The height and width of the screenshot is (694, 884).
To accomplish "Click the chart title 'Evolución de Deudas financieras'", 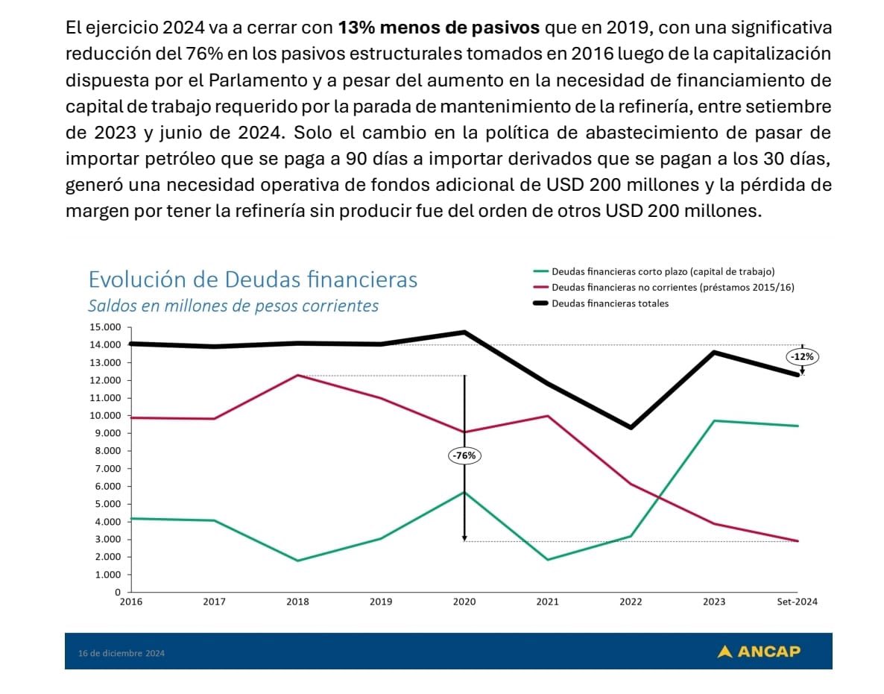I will coord(253,280).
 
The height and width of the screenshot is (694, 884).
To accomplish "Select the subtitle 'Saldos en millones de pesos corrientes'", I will coord(233,306).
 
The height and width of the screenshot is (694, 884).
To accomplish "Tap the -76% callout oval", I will coord(464,455).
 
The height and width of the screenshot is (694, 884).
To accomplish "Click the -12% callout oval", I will coord(802,357).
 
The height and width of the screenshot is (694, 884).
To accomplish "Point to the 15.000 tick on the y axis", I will coord(104,327).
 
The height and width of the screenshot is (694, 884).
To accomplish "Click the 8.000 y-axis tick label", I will coord(107,451).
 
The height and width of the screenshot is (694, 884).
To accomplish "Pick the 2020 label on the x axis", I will coord(464,602).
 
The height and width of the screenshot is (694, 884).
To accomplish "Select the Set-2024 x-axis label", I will coord(798,602).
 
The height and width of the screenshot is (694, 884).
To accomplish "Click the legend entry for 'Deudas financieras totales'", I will coord(609,303).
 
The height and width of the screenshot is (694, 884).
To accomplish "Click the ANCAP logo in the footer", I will coord(759,652).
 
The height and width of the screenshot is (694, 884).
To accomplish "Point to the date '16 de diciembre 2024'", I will coord(121,654).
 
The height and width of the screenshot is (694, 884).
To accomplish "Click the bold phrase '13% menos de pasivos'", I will coord(439,29).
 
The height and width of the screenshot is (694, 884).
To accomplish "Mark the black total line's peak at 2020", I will coord(464,332).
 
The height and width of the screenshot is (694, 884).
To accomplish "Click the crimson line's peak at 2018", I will coord(297,375).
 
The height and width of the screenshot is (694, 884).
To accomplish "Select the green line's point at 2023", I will coord(714,421).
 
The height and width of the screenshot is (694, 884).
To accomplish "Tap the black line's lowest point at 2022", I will coord(631,427).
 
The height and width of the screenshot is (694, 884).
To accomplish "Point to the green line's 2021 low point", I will coord(548,560).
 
